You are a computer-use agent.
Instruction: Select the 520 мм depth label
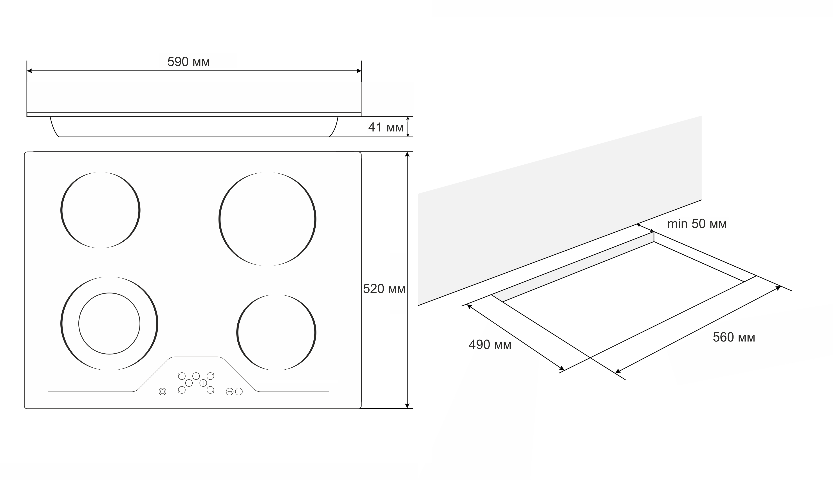384,289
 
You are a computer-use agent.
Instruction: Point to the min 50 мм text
697,224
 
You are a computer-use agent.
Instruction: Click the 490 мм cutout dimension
490,345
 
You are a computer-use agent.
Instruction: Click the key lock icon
229,392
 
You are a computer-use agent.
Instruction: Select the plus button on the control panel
203,383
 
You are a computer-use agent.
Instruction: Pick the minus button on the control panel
189,383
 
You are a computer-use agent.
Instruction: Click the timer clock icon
196,376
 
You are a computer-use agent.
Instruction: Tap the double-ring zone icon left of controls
162,392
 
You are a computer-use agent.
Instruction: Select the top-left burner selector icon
182,376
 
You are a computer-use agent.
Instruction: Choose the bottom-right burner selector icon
210,390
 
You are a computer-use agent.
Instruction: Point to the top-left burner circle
61,210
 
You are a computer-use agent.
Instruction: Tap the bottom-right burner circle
237,332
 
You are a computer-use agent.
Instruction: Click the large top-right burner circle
219,219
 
